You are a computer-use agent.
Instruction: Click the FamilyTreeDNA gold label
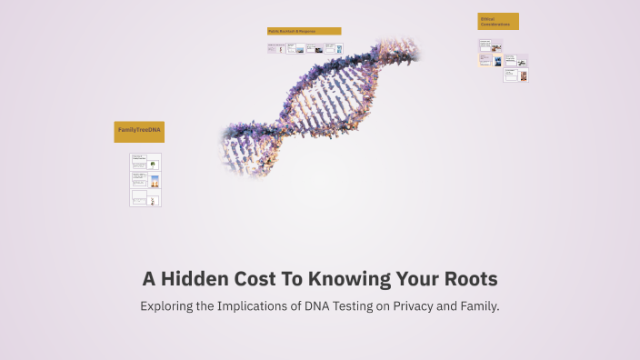[139, 131]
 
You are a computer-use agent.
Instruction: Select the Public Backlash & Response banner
[304, 31]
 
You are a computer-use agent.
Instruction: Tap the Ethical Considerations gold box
[498, 21]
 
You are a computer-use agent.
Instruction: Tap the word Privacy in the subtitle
[414, 306]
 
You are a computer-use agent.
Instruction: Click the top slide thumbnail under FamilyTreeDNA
[145, 162]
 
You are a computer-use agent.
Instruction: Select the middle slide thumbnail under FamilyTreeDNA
[145, 179]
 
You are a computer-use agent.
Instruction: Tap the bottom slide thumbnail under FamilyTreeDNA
[145, 197]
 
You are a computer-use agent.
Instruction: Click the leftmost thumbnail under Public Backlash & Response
[276, 48]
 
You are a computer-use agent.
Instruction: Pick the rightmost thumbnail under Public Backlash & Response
[334, 48]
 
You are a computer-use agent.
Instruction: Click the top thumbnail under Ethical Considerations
[491, 45]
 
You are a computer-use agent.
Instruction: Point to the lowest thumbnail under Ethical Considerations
[517, 75]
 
